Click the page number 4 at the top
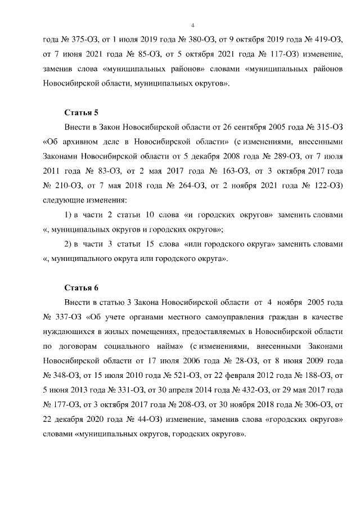pos(192,25)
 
